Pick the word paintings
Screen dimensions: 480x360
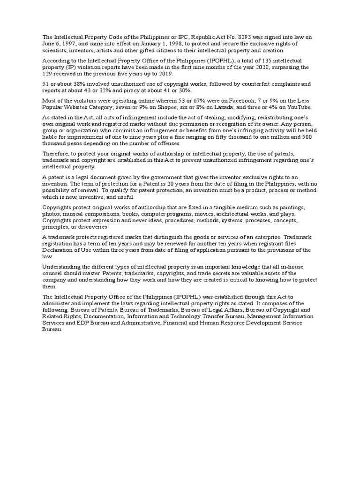(291, 207)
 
